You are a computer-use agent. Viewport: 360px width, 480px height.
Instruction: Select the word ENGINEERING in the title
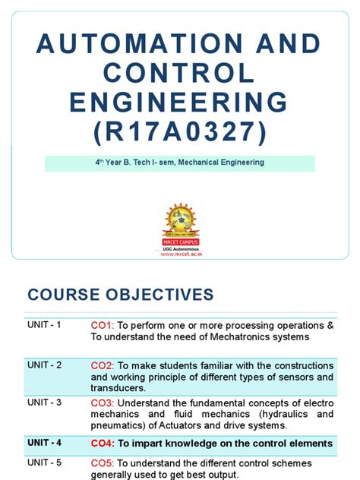(x=180, y=102)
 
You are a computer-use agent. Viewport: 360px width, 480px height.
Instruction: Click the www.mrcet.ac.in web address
(x=180, y=254)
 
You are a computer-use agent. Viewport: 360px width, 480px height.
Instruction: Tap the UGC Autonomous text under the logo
(x=180, y=248)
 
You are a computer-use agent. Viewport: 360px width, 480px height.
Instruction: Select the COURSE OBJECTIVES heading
(x=121, y=295)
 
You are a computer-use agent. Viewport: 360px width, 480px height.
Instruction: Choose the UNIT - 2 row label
(x=45, y=365)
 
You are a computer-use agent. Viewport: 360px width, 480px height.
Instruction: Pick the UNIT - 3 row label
(x=45, y=403)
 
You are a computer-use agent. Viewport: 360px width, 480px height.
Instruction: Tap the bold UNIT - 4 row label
(x=45, y=443)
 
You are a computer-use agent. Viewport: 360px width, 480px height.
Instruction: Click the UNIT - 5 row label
(x=45, y=463)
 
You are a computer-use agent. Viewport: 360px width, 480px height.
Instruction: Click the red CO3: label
(x=103, y=403)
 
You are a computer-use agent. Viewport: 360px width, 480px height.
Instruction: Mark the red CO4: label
(x=103, y=443)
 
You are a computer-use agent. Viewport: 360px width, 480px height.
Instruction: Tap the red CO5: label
(x=103, y=463)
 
